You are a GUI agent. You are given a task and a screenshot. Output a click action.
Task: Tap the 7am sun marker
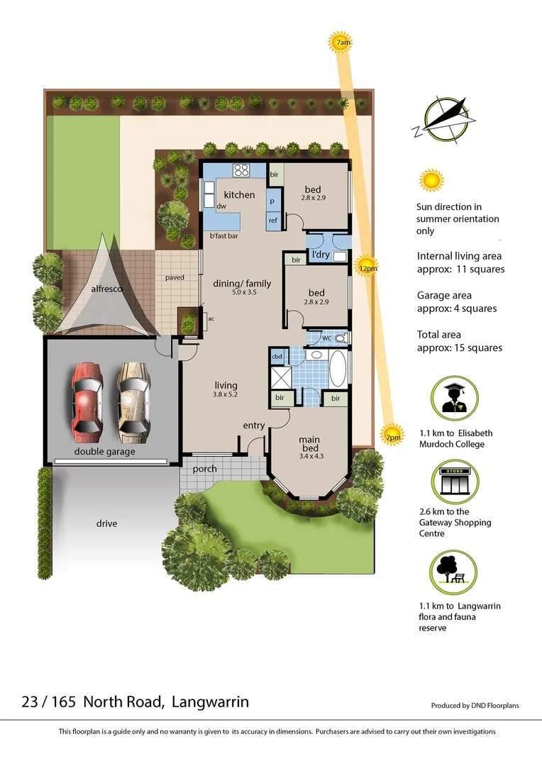342,43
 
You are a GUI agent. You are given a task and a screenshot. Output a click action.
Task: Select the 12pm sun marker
367,268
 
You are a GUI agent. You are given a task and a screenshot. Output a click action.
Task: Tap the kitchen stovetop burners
242,170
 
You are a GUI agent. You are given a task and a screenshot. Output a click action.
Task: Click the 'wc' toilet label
326,338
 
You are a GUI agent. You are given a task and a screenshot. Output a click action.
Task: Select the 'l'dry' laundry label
321,255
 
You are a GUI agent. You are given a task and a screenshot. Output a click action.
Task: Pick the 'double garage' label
104,451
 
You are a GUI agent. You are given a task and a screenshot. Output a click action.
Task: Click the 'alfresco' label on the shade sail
106,289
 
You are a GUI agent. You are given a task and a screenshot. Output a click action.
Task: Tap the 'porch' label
205,469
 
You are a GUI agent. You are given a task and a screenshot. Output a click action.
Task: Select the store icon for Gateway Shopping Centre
455,482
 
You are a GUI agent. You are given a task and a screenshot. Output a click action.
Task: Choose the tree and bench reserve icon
455,572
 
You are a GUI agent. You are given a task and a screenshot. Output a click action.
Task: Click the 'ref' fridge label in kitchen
273,221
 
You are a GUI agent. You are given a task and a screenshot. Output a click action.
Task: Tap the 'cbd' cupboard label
277,356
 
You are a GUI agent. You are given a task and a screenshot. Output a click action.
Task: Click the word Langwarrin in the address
210,702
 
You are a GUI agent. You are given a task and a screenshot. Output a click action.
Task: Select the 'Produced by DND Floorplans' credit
475,706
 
